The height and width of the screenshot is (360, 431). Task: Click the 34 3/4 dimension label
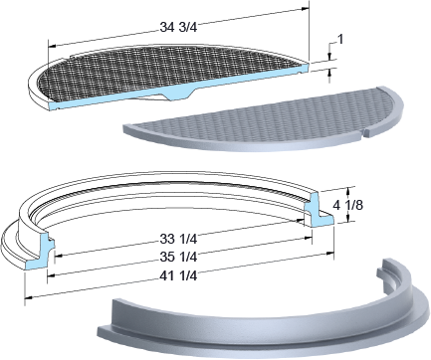click(178, 27)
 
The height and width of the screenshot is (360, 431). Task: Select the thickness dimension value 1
click(340, 40)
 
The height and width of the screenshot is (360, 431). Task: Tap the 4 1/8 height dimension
click(347, 205)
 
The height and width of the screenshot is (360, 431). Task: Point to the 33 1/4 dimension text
click(178, 239)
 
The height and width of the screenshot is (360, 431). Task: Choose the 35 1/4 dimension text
click(178, 257)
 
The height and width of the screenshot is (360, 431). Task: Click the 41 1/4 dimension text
click(178, 275)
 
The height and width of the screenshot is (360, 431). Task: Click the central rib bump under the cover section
click(178, 94)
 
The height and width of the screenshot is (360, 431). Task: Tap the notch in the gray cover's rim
click(363, 133)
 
